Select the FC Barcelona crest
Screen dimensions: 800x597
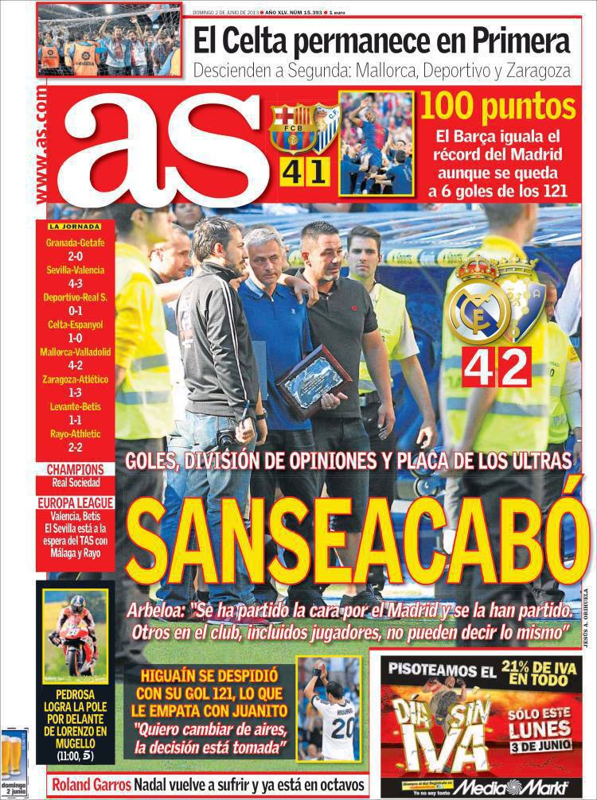(292, 128)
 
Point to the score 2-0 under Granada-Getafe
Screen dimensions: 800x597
(76, 257)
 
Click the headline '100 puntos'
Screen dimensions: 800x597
(497, 107)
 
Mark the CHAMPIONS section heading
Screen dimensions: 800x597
(75, 469)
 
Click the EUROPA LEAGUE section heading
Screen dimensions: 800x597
(75, 503)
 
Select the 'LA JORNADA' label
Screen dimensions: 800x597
(75, 227)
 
